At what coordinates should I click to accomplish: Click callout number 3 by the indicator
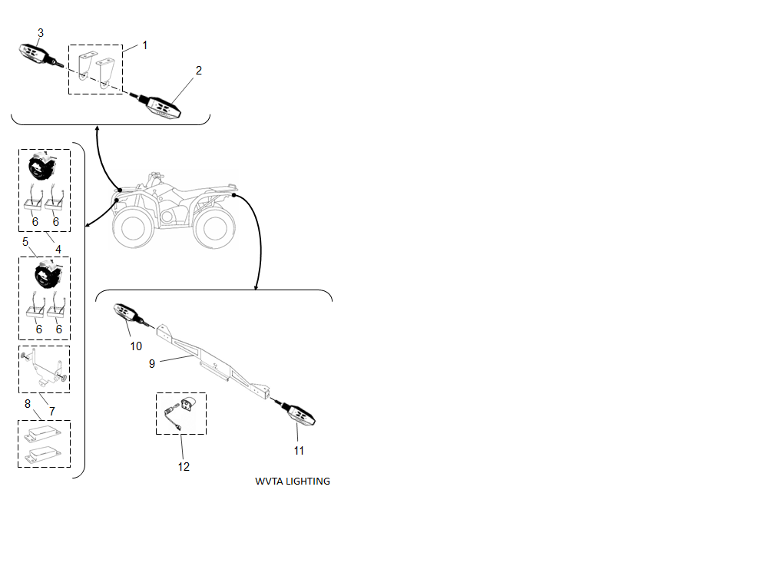click(41, 33)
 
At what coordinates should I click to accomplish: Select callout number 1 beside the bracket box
click(145, 45)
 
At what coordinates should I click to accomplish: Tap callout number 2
click(198, 70)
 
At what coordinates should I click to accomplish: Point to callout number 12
click(184, 467)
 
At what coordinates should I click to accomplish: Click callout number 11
click(299, 451)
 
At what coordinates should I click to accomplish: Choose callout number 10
click(136, 346)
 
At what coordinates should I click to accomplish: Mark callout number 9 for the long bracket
click(152, 364)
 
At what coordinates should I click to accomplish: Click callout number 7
click(52, 412)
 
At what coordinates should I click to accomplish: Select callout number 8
click(28, 404)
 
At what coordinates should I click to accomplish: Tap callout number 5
click(25, 242)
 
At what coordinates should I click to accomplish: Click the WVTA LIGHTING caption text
click(293, 482)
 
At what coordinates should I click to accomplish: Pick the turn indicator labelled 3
click(40, 55)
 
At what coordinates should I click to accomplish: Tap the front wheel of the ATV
click(132, 227)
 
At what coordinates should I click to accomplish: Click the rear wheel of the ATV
click(214, 229)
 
